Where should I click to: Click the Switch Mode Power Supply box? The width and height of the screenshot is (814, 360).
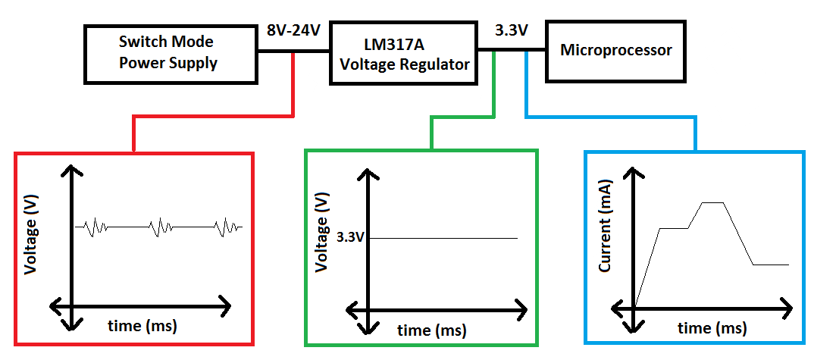coord(168,53)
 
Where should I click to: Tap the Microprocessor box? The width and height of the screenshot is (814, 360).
coord(615,52)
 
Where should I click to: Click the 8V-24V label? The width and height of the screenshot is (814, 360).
coord(293,31)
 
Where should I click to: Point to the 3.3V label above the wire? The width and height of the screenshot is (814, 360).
coord(511,31)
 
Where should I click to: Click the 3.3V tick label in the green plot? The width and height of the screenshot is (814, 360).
coord(351,237)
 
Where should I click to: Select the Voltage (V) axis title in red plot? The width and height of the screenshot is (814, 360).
coord(31,235)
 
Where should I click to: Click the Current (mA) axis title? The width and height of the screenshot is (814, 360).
coord(606,236)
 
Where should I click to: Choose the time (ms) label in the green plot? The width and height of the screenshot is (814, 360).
coord(432,330)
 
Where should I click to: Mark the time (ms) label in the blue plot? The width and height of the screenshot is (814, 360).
coord(712,328)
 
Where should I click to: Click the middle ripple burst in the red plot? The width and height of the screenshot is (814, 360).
coord(161,227)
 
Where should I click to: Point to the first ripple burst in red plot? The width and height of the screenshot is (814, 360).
coord(96,227)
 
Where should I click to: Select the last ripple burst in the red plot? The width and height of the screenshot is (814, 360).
coord(227,227)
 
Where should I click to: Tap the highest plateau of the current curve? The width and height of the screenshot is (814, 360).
coord(713,202)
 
